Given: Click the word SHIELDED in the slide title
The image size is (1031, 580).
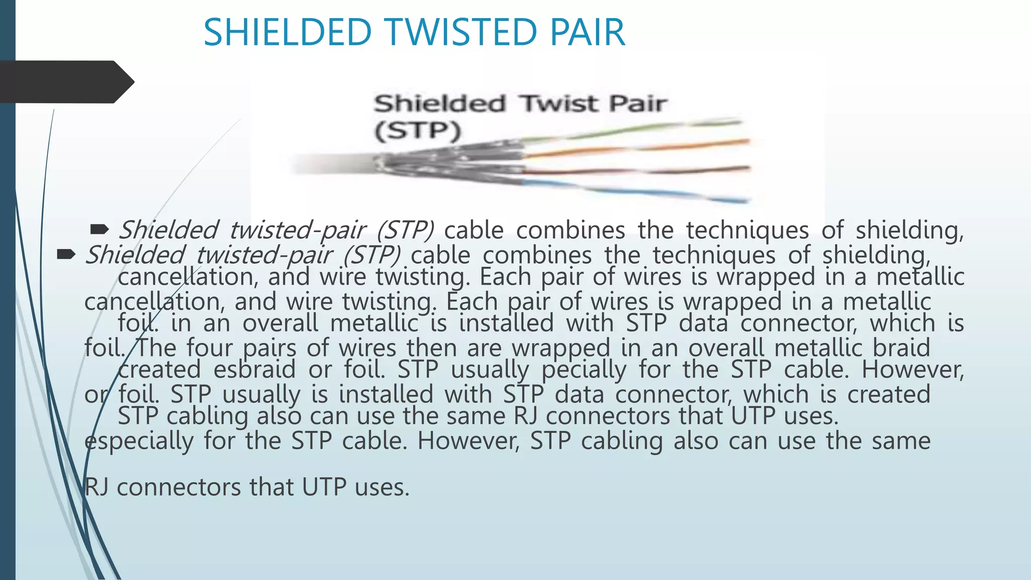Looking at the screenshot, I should click(287, 33).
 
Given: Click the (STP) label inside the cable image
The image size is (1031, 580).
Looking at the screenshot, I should click(417, 131).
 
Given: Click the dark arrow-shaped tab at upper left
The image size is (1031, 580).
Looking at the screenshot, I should click(65, 82).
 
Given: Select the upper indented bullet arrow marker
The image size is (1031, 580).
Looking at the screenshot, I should click(99, 230).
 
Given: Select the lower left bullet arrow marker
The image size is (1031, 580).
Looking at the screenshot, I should click(66, 255).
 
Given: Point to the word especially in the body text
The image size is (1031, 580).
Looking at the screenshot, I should click(139, 441).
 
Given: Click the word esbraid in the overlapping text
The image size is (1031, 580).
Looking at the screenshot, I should click(254, 370).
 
